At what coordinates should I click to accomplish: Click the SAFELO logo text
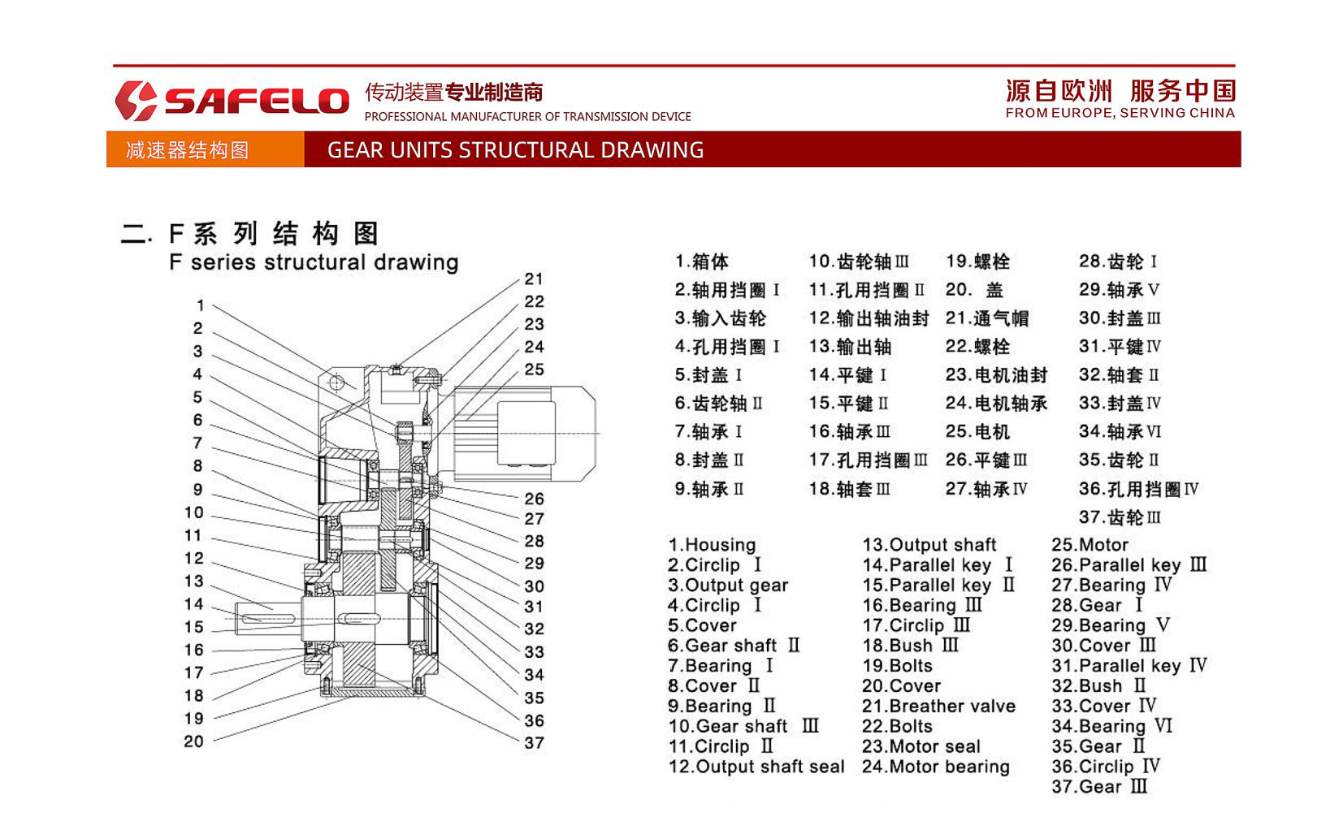point(256,101)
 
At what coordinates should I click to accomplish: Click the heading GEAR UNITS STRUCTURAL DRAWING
point(515,150)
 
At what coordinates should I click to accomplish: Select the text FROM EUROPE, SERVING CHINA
point(1120,113)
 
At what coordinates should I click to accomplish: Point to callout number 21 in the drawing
point(533,279)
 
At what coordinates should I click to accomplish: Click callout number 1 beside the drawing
point(200,306)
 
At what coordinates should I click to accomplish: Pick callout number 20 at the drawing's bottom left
point(193,741)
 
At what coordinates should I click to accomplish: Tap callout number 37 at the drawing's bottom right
point(534,743)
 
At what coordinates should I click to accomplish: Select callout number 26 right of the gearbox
point(534,499)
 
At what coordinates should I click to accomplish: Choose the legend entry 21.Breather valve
point(938,707)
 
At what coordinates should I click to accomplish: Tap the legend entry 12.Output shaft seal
point(756,767)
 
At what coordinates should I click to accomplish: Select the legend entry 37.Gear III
point(1099,787)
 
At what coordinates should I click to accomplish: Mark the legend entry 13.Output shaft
point(929,545)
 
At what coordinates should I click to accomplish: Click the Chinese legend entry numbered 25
point(977,432)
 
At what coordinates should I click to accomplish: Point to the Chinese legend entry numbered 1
point(701,262)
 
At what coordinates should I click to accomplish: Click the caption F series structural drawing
point(314,262)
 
